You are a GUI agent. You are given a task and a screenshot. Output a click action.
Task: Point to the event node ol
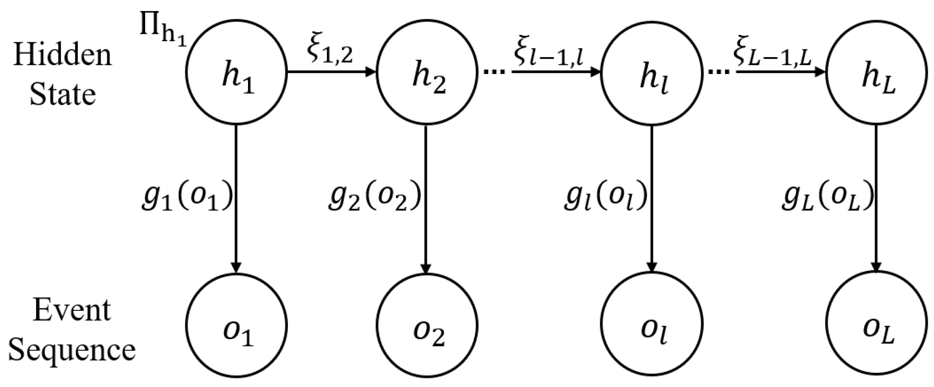652,325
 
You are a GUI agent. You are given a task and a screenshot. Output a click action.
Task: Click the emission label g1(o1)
186,197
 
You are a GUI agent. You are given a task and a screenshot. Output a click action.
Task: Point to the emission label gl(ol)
605,197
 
